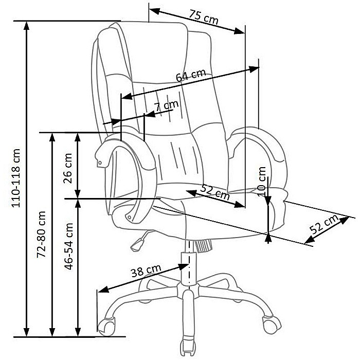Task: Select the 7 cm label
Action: click(x=166, y=106)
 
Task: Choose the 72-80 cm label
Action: click(x=42, y=234)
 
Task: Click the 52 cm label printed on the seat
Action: click(x=213, y=192)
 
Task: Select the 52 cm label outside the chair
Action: click(x=325, y=225)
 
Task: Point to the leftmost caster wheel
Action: click(x=107, y=325)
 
